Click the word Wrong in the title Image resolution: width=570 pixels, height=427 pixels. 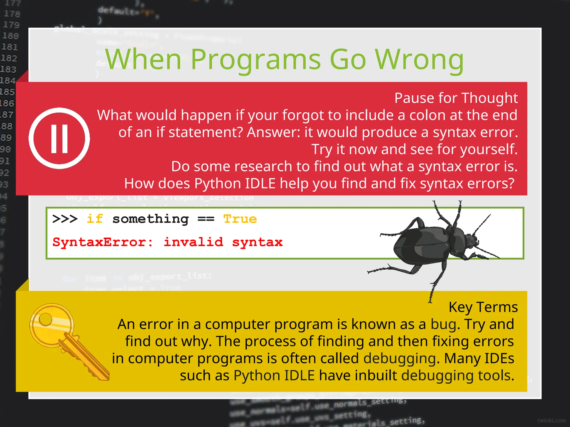(419, 60)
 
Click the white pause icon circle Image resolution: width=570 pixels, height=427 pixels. (59, 138)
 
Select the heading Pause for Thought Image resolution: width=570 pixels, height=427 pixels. (456, 98)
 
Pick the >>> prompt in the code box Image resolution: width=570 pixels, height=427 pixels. (65, 219)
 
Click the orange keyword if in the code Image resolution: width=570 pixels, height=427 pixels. (95, 219)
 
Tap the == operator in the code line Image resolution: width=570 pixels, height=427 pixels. (206, 219)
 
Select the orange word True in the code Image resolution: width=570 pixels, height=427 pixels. (240, 219)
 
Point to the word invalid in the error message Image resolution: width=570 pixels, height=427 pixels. (193, 242)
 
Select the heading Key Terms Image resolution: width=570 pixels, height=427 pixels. (483, 307)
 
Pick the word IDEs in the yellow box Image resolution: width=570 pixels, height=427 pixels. (499, 359)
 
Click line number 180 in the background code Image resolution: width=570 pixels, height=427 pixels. (11, 36)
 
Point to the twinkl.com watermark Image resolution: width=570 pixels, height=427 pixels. (551, 421)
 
